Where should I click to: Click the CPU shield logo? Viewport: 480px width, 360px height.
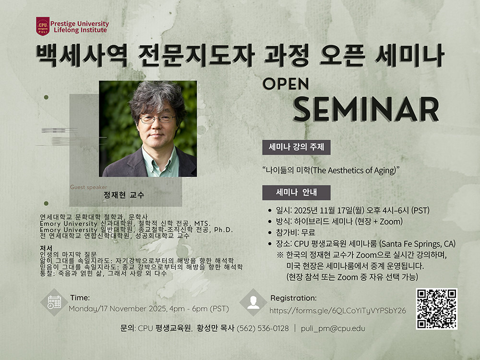click(x=43, y=26)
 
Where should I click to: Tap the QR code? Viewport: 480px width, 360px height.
click(x=436, y=309)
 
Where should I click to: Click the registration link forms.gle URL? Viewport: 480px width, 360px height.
click(x=337, y=311)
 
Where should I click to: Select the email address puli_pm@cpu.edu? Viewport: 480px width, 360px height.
click(x=333, y=328)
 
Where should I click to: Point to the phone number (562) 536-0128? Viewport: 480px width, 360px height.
click(x=263, y=328)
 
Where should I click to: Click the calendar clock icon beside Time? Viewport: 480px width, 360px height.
click(x=54, y=302)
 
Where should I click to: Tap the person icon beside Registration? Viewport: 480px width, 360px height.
click(x=253, y=302)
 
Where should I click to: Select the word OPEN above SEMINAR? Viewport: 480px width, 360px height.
click(x=286, y=83)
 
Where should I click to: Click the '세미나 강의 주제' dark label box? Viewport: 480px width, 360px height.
click(x=296, y=147)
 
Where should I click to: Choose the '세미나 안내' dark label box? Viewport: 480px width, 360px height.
click(x=296, y=192)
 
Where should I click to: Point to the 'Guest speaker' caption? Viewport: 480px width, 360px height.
click(x=88, y=187)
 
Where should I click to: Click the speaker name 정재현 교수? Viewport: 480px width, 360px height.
click(x=124, y=195)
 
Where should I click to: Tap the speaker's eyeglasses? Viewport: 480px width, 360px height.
click(x=157, y=119)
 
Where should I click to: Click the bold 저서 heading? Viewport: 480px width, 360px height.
click(x=46, y=248)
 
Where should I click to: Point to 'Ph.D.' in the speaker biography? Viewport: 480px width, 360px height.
click(x=224, y=229)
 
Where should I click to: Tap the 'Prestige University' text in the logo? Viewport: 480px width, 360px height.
click(x=80, y=24)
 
